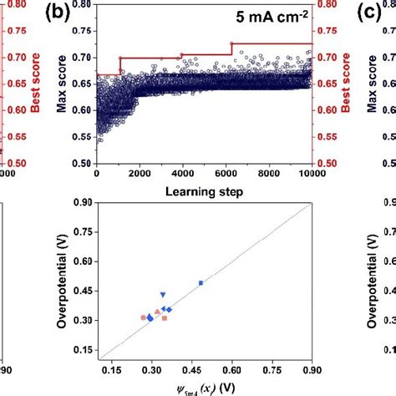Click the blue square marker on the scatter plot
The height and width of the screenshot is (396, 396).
pyautogui.click(x=201, y=283)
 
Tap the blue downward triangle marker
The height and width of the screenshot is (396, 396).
pyautogui.click(x=163, y=295)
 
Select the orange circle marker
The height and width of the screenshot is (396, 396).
pyautogui.click(x=143, y=317)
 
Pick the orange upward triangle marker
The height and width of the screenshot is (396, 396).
pyautogui.click(x=157, y=311)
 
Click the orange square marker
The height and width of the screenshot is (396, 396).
pyautogui.click(x=165, y=318)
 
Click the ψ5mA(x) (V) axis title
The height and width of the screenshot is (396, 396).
pyautogui.click(x=204, y=387)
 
